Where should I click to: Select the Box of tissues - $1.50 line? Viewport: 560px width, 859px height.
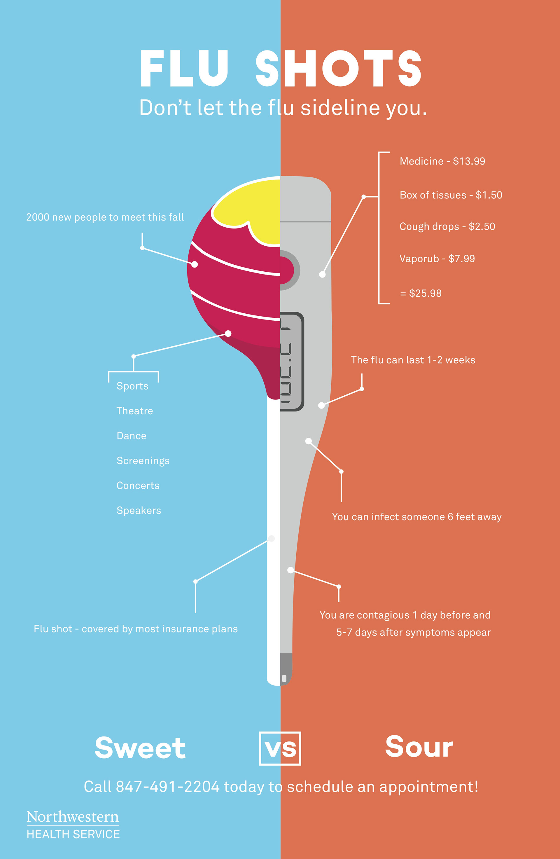(451, 195)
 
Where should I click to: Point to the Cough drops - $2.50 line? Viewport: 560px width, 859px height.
(447, 226)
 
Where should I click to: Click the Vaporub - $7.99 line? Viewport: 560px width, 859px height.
(437, 259)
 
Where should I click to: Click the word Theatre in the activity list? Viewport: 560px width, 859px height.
(134, 411)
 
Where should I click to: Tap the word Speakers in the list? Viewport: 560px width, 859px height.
(139, 510)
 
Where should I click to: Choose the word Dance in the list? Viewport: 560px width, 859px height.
(131, 436)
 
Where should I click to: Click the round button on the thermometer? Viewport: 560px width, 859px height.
(289, 270)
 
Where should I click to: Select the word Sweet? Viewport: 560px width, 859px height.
(140, 748)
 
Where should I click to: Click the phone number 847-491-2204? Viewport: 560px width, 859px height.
(167, 787)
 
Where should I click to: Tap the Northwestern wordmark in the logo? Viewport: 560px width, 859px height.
(73, 817)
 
